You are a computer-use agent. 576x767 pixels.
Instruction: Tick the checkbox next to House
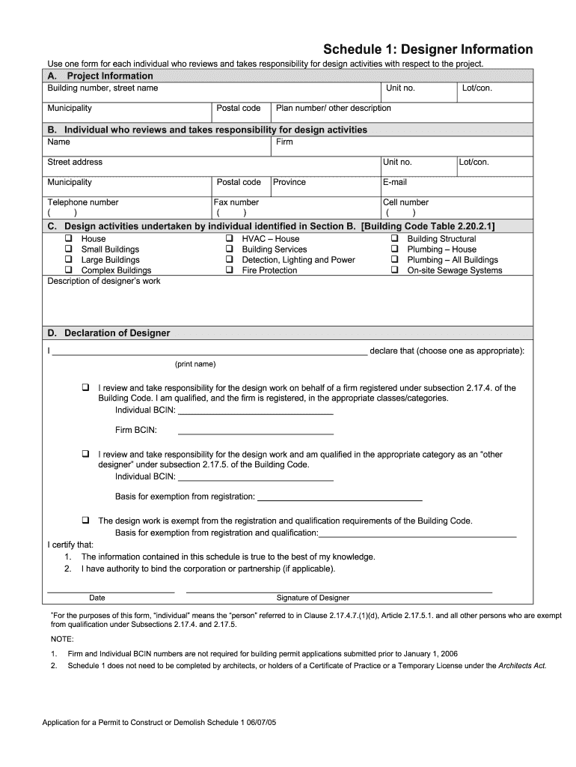tap(67, 239)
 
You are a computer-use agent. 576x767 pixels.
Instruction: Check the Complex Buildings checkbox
tap(67, 270)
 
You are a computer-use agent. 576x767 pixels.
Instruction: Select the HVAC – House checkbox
tap(229, 239)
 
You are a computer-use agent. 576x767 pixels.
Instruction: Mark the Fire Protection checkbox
tap(229, 270)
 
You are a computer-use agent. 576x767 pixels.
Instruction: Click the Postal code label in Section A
tap(238, 109)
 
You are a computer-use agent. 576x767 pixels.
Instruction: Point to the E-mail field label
tap(394, 182)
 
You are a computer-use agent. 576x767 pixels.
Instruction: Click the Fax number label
tap(236, 202)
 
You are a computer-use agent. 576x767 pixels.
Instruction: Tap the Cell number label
tap(405, 202)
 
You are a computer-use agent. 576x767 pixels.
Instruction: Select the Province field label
tap(289, 182)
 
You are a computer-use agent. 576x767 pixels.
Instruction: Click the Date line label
tap(97, 598)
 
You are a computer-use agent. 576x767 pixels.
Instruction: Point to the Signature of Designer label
tap(313, 598)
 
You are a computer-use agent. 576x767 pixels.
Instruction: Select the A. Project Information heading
tap(100, 76)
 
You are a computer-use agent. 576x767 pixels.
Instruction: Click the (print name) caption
tap(195, 364)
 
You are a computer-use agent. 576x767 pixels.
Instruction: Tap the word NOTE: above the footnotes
tap(62, 639)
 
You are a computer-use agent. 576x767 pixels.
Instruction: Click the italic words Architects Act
tap(521, 665)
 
